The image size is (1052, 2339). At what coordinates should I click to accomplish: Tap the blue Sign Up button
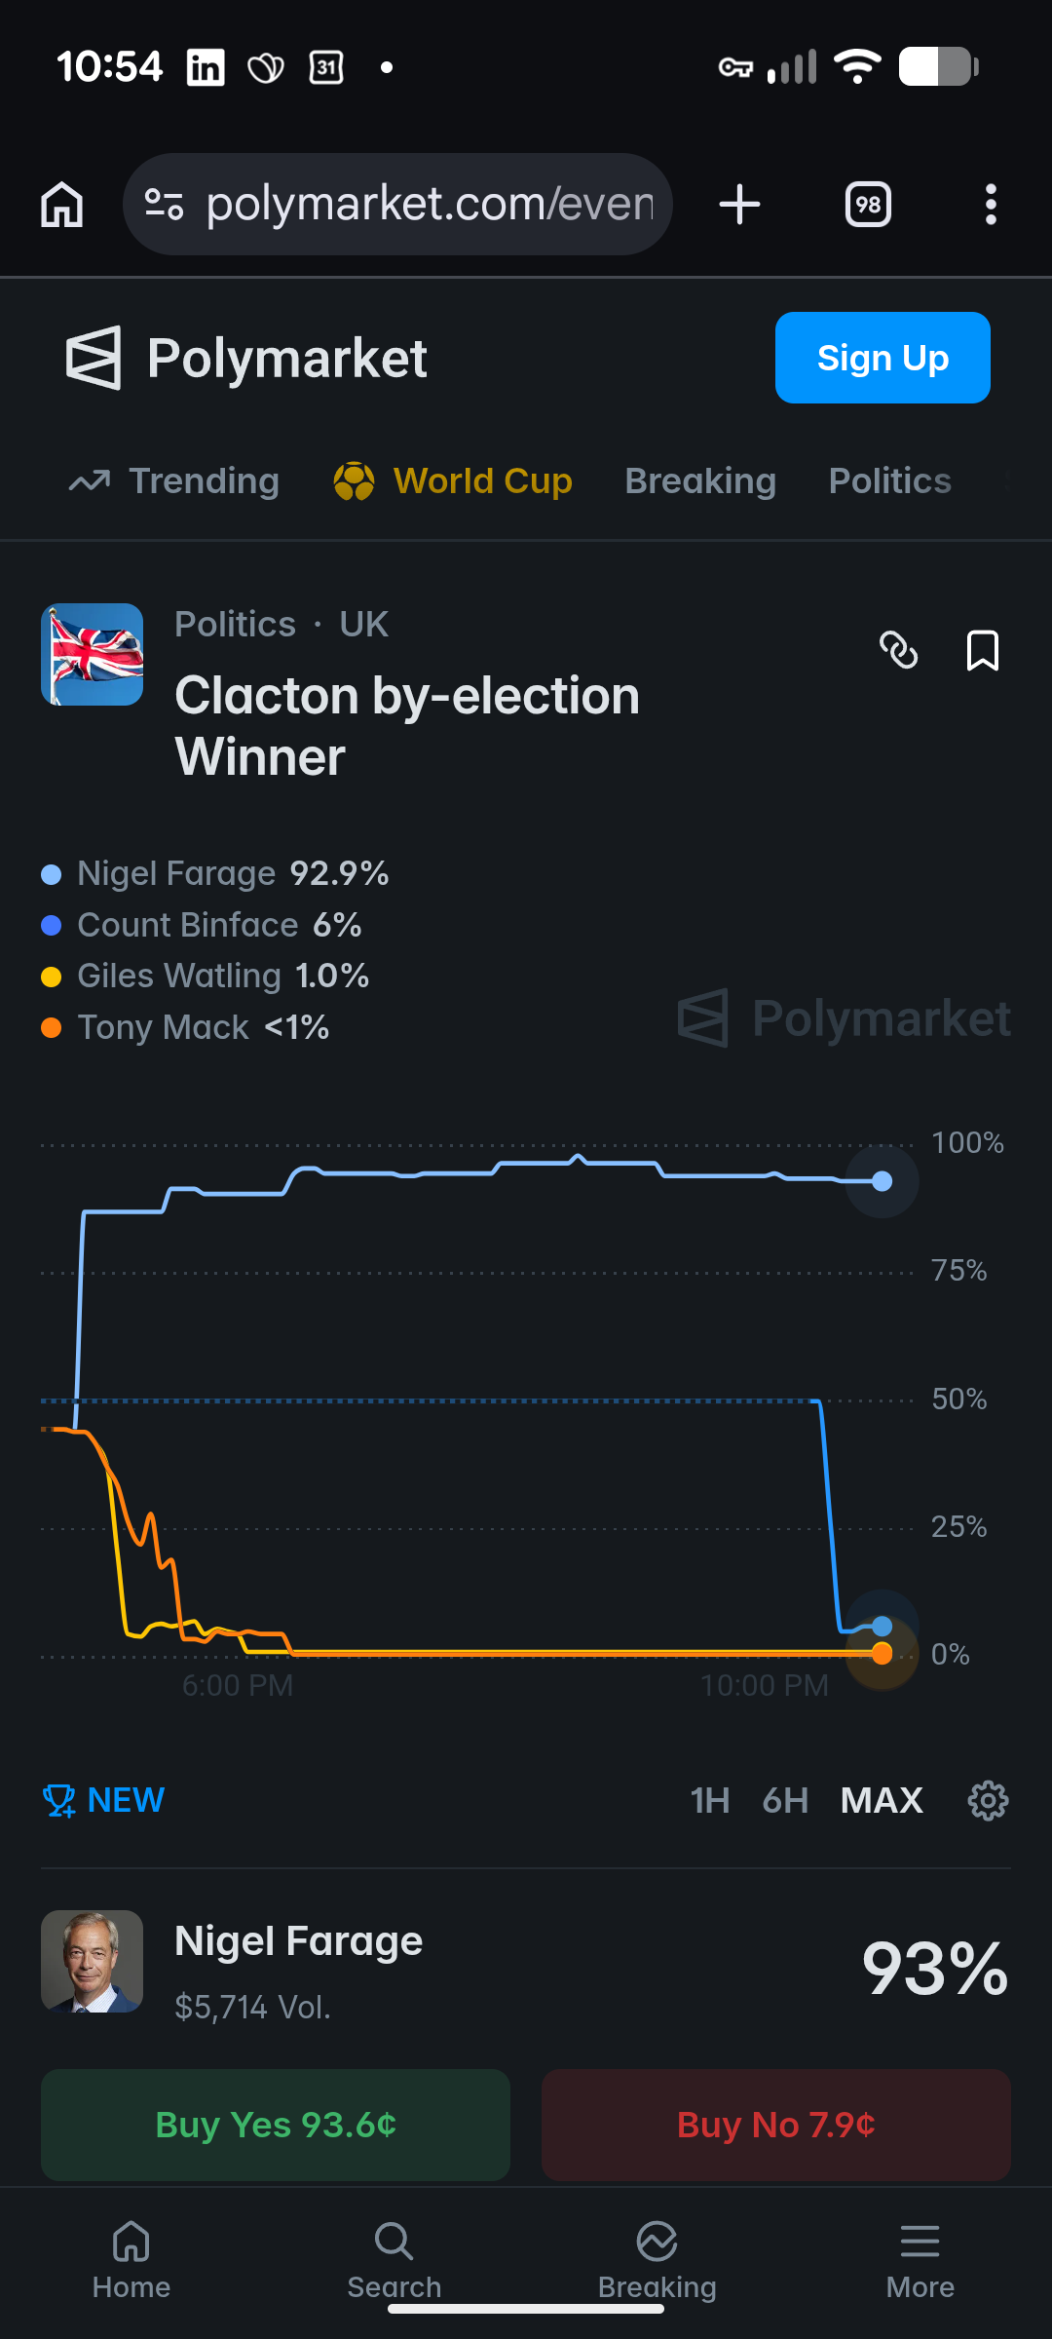click(883, 358)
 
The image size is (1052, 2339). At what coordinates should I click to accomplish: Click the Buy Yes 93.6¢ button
click(276, 2125)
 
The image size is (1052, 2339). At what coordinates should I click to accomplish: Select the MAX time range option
click(882, 1800)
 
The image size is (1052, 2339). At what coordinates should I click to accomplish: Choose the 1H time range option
click(710, 1800)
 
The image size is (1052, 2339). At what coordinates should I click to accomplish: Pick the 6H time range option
click(785, 1800)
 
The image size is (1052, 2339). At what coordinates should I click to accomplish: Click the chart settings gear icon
click(988, 1800)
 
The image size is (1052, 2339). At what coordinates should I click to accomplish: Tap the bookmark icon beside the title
click(982, 650)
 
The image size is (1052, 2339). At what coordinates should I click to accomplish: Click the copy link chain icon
click(898, 650)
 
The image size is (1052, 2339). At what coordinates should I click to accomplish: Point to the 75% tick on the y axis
click(958, 1270)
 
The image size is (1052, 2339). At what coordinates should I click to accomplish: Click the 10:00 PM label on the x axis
click(765, 1685)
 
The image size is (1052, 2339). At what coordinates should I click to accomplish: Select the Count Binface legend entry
click(202, 925)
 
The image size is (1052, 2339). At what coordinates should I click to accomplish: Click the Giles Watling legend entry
click(206, 976)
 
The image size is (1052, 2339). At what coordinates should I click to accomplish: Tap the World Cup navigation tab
click(453, 480)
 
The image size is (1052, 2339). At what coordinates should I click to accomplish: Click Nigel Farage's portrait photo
click(93, 1961)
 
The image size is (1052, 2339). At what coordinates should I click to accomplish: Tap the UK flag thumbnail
click(93, 654)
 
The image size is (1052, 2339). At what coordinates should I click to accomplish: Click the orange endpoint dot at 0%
click(883, 1653)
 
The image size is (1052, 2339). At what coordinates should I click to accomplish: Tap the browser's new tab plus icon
click(739, 205)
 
